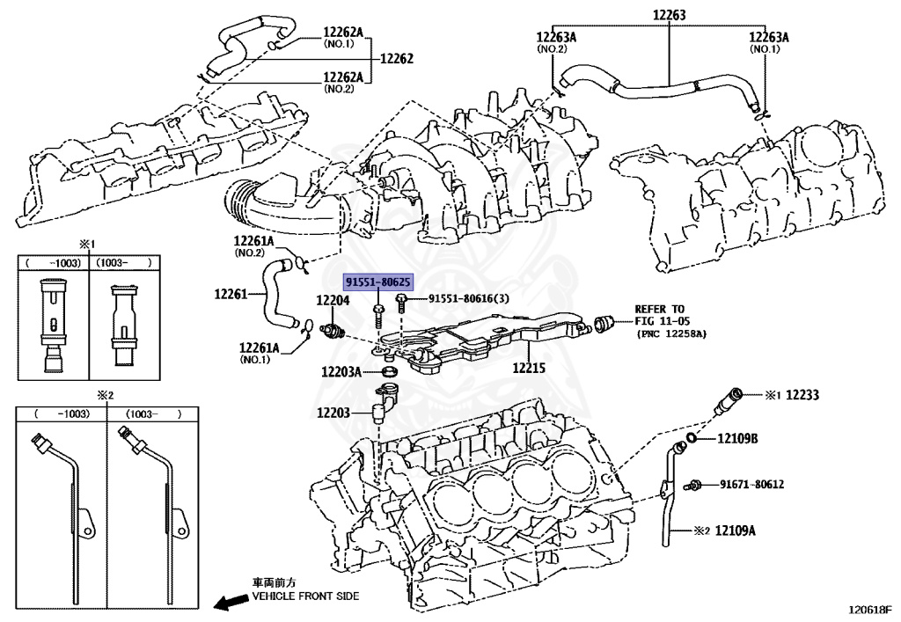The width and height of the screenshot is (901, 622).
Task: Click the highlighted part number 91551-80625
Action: (377, 282)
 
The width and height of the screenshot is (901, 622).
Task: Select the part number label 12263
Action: (669, 15)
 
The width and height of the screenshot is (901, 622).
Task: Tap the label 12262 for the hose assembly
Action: (396, 59)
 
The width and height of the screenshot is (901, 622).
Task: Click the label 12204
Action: (333, 301)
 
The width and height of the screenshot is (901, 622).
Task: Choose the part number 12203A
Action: (341, 372)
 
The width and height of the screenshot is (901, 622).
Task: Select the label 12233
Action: (802, 396)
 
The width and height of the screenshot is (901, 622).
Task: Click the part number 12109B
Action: (737, 438)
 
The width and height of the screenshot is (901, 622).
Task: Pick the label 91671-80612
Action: (751, 484)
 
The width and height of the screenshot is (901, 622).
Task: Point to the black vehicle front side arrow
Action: (231, 603)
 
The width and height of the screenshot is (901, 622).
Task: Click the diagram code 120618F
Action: (869, 609)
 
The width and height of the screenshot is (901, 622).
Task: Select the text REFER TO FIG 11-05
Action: (659, 315)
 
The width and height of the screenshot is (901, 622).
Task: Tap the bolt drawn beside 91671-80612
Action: (696, 484)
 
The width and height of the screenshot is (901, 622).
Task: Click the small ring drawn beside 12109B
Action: (692, 437)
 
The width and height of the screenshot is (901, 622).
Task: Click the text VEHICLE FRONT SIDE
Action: (305, 596)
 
